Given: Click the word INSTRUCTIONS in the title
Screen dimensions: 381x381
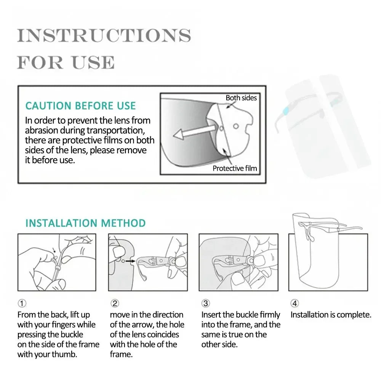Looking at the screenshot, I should pyautogui.click(x=104, y=36).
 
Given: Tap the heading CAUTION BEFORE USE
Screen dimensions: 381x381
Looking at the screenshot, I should pyautogui.click(x=80, y=106).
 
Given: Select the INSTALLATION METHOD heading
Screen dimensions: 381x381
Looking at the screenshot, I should pyautogui.click(x=85, y=223).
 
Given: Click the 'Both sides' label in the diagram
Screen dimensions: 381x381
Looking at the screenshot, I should pyautogui.click(x=241, y=98).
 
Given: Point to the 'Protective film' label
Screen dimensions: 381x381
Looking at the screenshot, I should pyautogui.click(x=235, y=168).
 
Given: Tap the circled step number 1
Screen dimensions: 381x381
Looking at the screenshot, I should pyautogui.click(x=22, y=303).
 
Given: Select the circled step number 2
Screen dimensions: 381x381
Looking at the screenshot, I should pyautogui.click(x=115, y=303).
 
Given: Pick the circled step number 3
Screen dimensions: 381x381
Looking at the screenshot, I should pyautogui.click(x=205, y=303).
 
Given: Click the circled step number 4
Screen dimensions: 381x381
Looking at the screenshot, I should pyautogui.click(x=295, y=303).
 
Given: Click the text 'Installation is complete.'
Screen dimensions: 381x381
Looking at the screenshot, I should pyautogui.click(x=331, y=315).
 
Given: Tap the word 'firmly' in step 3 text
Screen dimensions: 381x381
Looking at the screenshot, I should pyautogui.click(x=270, y=315).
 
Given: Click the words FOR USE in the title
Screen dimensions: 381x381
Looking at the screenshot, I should pyautogui.click(x=66, y=62).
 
